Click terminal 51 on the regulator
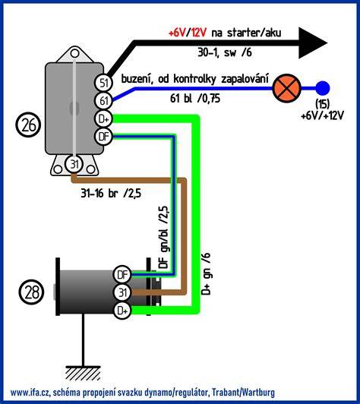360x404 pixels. [x=104, y=83]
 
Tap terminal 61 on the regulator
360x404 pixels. [x=104, y=101]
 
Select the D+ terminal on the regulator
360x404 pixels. [x=104, y=118]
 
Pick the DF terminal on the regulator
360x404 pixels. [x=104, y=136]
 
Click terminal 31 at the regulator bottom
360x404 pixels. [x=74, y=164]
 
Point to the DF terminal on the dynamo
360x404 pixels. [x=122, y=275]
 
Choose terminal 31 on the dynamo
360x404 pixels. [x=122, y=292]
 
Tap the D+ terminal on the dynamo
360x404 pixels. [x=122, y=311]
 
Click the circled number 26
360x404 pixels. [x=28, y=125]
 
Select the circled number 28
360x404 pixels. [x=31, y=292]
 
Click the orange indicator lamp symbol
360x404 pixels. [x=286, y=88]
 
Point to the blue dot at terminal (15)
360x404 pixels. [x=323, y=88]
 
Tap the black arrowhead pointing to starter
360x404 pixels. [x=313, y=43]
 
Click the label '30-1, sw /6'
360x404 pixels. [x=225, y=52]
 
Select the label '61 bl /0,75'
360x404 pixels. [x=195, y=98]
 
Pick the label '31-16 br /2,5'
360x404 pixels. [x=111, y=193]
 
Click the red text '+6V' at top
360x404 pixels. [x=177, y=33]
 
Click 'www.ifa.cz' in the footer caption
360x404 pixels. [x=31, y=393]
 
